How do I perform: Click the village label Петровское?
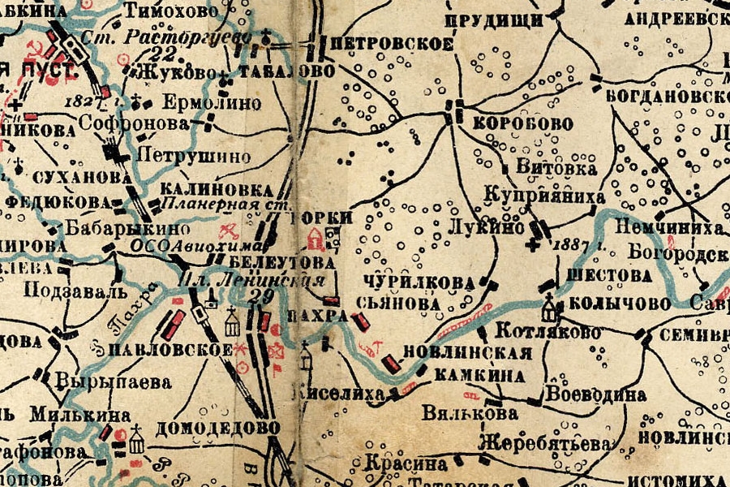[x=393, y=44]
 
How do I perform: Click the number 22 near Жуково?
[x=164, y=54]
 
